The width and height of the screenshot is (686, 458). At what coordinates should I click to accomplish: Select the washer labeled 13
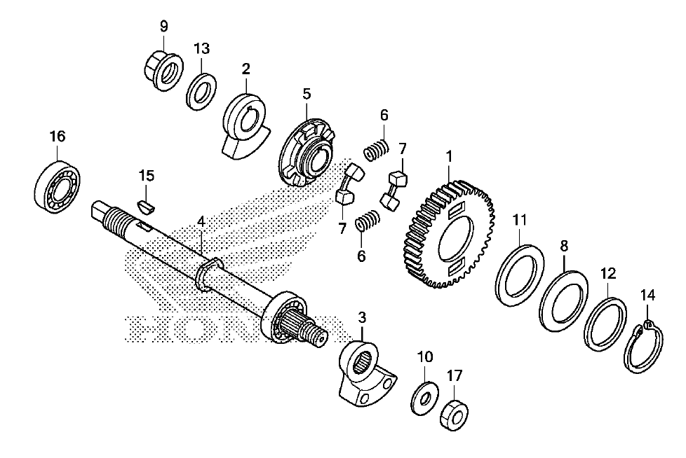pyautogui.click(x=201, y=92)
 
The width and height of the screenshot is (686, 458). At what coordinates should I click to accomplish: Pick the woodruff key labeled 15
pyautogui.click(x=146, y=207)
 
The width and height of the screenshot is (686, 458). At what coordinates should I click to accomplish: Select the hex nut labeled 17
pyautogui.click(x=454, y=415)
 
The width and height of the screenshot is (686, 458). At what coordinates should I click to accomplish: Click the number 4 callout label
pyautogui.click(x=201, y=221)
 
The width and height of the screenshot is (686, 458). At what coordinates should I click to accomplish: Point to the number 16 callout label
pyautogui.click(x=58, y=137)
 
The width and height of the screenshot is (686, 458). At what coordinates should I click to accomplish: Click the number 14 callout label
pyautogui.click(x=648, y=296)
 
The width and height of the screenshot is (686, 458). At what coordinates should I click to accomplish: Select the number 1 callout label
pyautogui.click(x=450, y=156)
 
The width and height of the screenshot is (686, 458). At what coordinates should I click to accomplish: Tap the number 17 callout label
pyautogui.click(x=454, y=375)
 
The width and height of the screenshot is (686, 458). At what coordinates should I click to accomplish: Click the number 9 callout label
pyautogui.click(x=163, y=26)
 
